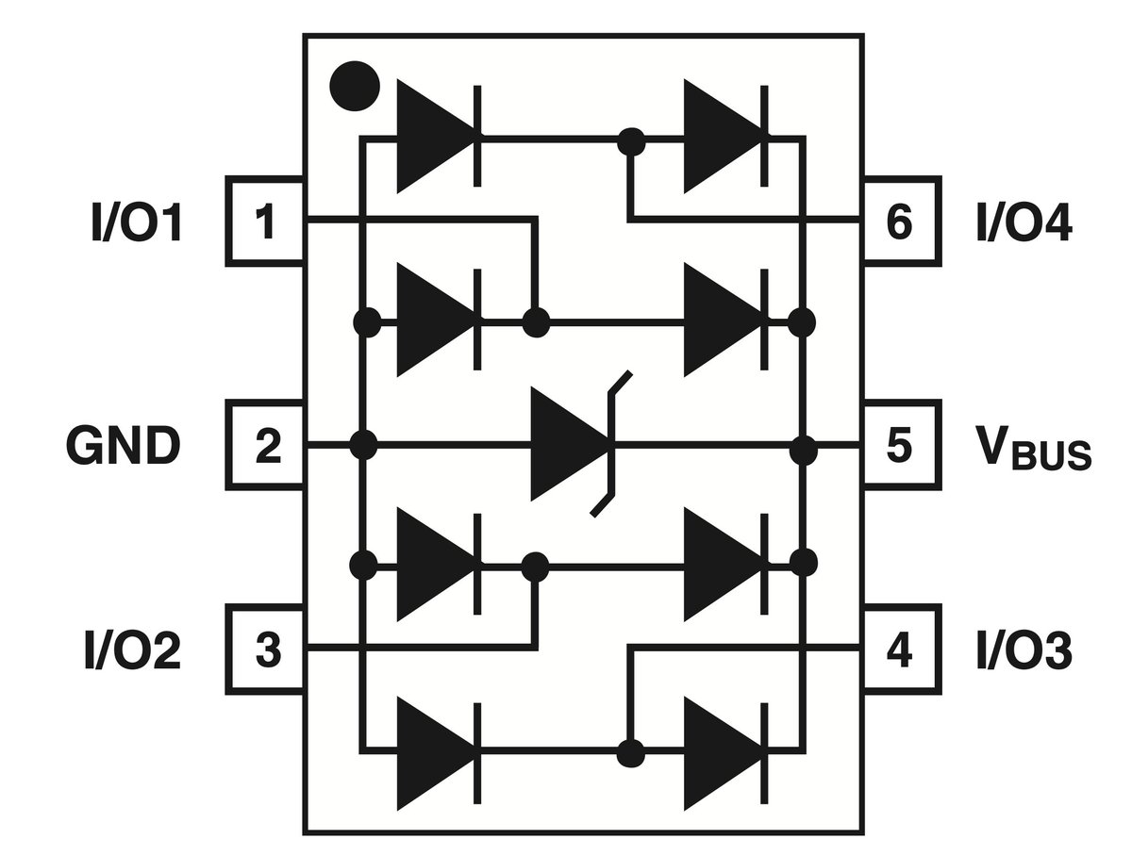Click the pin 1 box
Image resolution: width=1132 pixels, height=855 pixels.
coord(265,222)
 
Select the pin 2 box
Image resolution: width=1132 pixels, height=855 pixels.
coord(265,445)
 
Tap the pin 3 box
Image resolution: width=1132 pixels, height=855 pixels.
coord(265,649)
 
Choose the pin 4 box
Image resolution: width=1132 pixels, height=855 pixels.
coord(902,649)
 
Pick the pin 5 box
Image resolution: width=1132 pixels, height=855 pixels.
coord(902,445)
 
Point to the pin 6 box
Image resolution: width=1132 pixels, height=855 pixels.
coord(902,222)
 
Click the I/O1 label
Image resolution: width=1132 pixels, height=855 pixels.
coord(136,222)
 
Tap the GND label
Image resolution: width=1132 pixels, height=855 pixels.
coord(124,446)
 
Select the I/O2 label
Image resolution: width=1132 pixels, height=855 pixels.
coord(133,650)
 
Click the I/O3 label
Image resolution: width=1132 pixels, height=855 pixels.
coord(1024,650)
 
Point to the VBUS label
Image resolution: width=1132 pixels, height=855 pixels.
coord(1034,448)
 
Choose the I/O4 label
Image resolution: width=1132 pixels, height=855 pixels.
coord(1024,222)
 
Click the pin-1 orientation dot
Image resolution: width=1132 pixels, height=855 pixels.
coord(355,86)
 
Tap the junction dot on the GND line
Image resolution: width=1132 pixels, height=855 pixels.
coord(363,445)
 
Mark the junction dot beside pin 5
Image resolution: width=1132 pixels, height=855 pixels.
coord(804,450)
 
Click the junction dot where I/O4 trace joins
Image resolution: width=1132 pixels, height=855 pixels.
coord(631,141)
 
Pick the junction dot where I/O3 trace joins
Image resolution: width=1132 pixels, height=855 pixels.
coord(631,753)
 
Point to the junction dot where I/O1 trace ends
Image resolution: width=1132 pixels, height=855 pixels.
coord(537,323)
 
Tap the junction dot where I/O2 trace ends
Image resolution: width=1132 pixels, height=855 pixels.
coord(535,567)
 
